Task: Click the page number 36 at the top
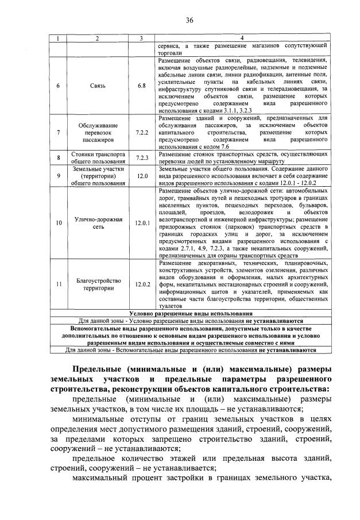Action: click(x=189, y=20)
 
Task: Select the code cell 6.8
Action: click(x=141, y=86)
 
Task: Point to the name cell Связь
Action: click(x=97, y=86)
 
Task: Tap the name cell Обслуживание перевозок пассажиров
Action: click(x=97, y=132)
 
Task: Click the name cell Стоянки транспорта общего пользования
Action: click(x=97, y=157)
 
